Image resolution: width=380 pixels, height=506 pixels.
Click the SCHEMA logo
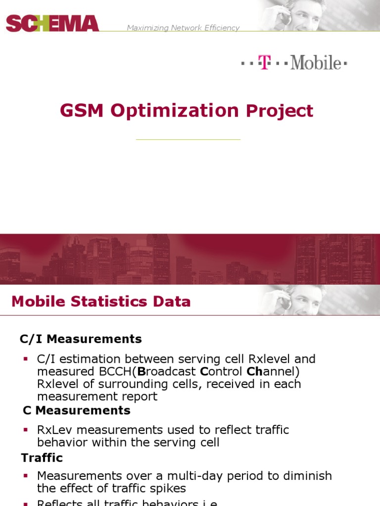pyautogui.click(x=52, y=23)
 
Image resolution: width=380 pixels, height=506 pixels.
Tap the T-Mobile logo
pyautogui.click(x=294, y=63)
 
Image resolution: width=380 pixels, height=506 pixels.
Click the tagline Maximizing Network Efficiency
pyautogui.click(x=183, y=28)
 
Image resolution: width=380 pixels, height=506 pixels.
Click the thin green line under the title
pyautogui.click(x=188, y=140)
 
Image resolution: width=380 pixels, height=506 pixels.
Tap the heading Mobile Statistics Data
pyautogui.click(x=101, y=301)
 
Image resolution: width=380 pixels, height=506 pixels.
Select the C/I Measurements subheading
pyautogui.click(x=81, y=339)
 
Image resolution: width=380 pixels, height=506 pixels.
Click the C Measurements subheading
pyautogui.click(x=77, y=410)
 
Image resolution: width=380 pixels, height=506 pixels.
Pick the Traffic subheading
pyautogui.click(x=42, y=458)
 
